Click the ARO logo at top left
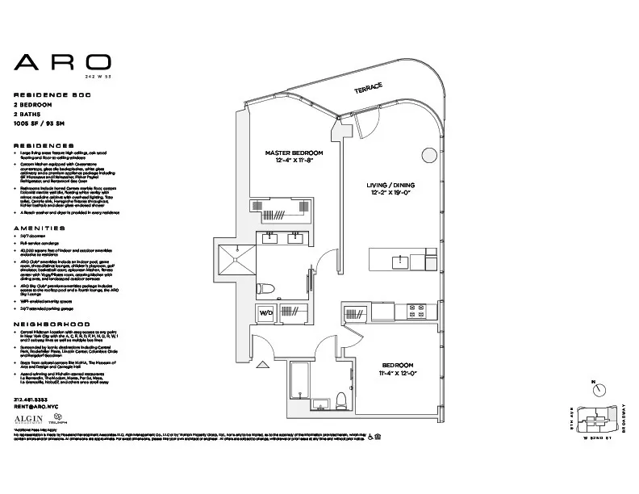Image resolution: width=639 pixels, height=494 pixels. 63,63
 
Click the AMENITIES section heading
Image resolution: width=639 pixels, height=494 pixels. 39,228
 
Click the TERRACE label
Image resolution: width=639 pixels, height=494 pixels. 367,90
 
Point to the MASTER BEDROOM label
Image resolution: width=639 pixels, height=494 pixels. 294,153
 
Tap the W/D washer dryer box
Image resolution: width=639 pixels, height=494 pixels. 266,312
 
